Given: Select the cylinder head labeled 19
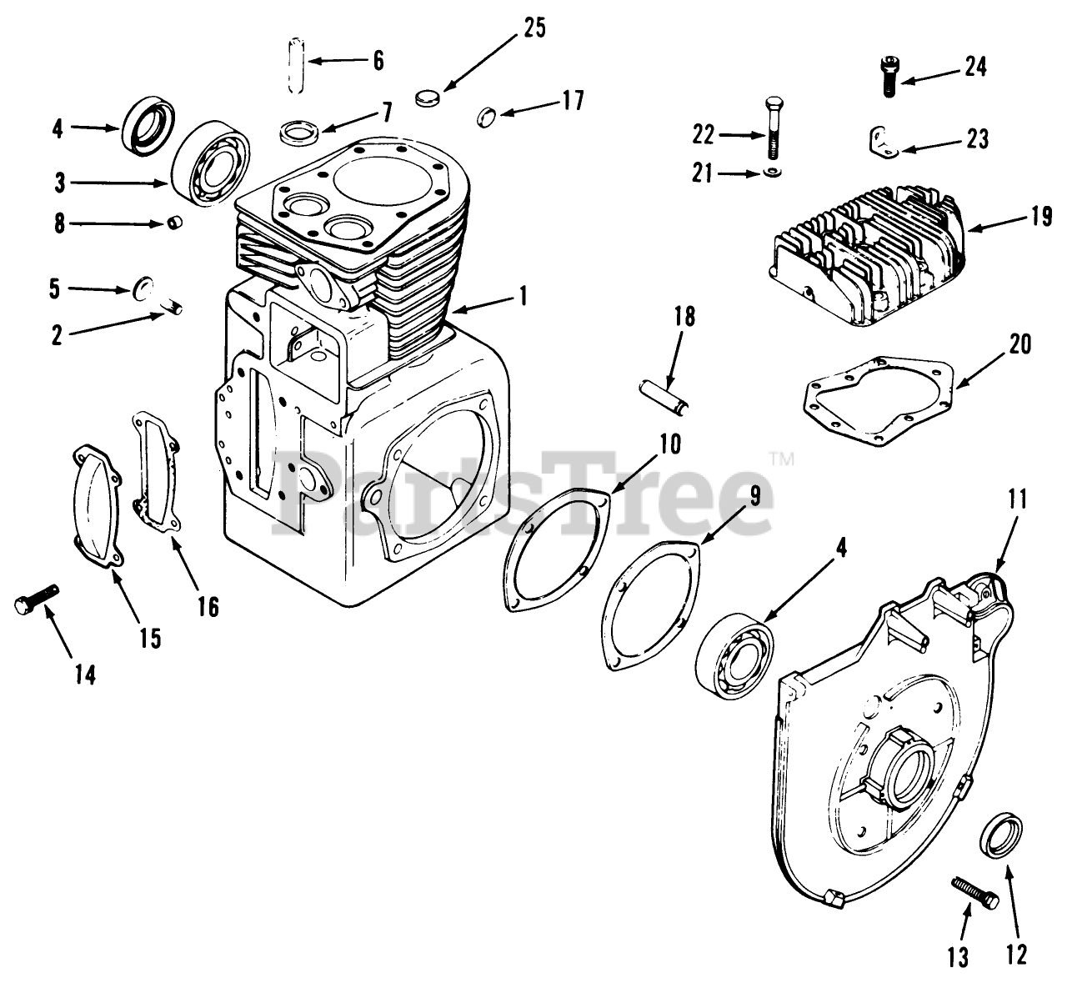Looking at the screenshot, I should tap(867, 250).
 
